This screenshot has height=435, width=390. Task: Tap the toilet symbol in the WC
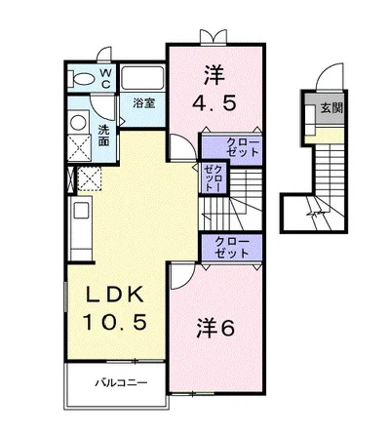pos(83,78)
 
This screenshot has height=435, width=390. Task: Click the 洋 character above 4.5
pos(214,72)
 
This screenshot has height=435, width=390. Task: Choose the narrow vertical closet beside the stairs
pos(211,178)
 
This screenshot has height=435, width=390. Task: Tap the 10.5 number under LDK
pos(107,323)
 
